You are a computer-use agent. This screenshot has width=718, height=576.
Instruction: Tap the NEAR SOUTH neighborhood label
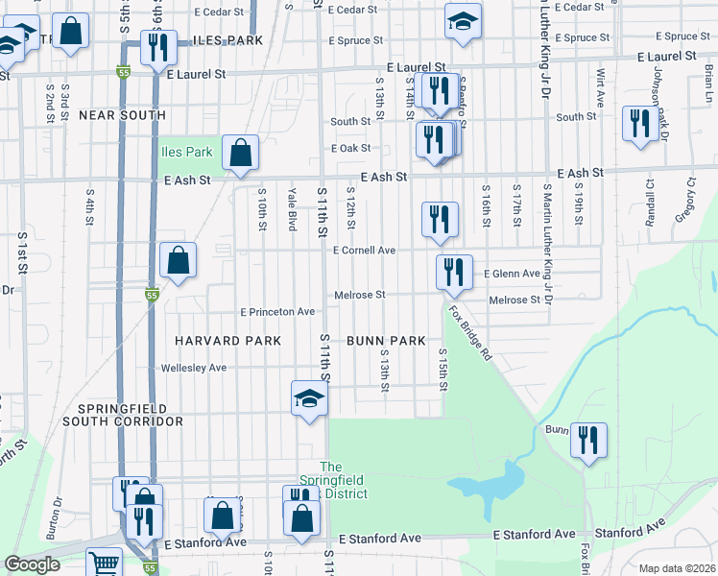[x=122, y=115]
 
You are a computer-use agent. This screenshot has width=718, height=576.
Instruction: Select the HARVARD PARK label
[x=227, y=341]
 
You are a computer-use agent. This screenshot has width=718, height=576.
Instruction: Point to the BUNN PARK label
[x=386, y=341]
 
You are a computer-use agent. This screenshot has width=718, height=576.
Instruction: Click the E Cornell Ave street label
[x=364, y=251]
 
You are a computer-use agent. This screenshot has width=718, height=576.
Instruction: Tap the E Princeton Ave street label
[x=277, y=312]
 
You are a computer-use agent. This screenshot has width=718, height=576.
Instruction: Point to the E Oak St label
[x=350, y=149]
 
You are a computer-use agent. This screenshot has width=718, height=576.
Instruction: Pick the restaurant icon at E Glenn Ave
[x=453, y=272]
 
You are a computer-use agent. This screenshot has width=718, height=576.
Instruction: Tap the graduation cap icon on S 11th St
[x=310, y=397]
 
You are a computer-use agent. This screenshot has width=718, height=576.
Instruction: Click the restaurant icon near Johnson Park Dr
[x=638, y=124]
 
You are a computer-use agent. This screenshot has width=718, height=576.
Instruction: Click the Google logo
[x=33, y=565]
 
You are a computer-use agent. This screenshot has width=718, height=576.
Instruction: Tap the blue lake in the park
[x=485, y=482]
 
